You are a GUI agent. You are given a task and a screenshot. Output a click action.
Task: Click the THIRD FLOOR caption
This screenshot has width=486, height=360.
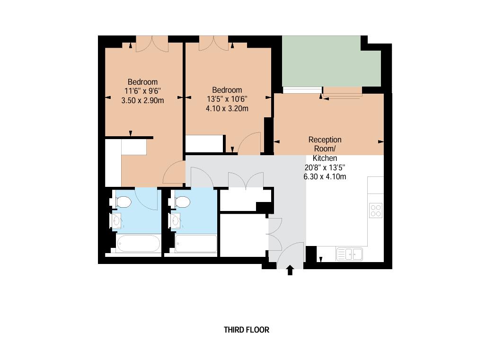(246, 330)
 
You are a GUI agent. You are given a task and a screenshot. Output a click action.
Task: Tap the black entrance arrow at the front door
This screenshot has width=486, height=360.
(290, 270)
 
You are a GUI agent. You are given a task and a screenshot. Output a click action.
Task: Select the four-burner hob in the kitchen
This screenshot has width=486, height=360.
(376, 210)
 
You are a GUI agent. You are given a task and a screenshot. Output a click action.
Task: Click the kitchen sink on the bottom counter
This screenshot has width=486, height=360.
(349, 255)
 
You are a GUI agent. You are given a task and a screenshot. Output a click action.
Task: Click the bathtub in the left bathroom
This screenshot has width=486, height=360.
(139, 244)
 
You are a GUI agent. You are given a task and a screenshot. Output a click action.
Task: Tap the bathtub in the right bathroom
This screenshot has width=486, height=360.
(196, 244)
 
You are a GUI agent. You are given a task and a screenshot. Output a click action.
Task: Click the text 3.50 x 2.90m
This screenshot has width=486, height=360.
(142, 100)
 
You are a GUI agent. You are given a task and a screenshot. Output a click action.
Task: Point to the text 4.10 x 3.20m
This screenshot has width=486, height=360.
(227, 108)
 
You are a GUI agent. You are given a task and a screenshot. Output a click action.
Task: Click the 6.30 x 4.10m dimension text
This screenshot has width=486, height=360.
(325, 177)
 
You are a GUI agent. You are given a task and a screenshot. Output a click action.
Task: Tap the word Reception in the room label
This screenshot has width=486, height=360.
(325, 140)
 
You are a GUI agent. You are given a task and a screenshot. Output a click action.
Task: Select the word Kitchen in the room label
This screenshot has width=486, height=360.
(325, 158)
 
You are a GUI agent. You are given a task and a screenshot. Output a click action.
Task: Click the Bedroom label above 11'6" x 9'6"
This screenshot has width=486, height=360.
(142, 82)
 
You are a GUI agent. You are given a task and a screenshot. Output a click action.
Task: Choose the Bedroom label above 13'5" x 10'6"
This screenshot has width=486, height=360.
(227, 90)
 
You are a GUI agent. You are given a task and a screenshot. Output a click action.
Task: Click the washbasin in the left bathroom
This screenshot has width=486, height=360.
(117, 220)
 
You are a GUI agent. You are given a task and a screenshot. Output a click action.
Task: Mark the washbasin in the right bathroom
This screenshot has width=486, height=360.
(176, 220)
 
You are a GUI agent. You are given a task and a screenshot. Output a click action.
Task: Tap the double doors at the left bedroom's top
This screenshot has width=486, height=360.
(152, 44)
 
